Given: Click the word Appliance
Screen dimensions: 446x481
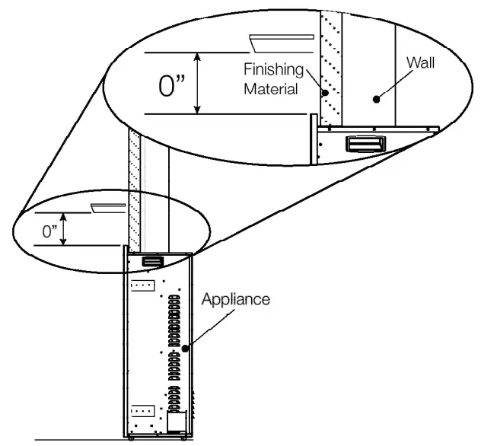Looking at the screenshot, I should [x=235, y=299].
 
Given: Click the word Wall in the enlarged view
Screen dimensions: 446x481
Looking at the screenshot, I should [x=420, y=62].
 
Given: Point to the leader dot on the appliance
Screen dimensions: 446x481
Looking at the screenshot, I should [x=185, y=347].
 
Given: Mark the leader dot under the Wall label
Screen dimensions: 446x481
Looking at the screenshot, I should [x=375, y=97].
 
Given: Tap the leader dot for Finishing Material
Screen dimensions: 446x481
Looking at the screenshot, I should [x=325, y=94].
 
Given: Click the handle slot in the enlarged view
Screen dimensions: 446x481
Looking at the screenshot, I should [x=366, y=143].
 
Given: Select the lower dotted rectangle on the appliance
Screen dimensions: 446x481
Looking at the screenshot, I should [x=144, y=411].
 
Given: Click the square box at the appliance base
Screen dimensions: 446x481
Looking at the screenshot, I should [x=177, y=420].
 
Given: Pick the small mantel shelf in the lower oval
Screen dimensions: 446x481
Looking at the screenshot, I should [x=108, y=206].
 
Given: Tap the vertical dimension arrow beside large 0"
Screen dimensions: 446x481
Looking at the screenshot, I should [x=199, y=83].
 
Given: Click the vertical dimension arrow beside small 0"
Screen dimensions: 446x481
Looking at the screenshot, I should [x=64, y=229].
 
